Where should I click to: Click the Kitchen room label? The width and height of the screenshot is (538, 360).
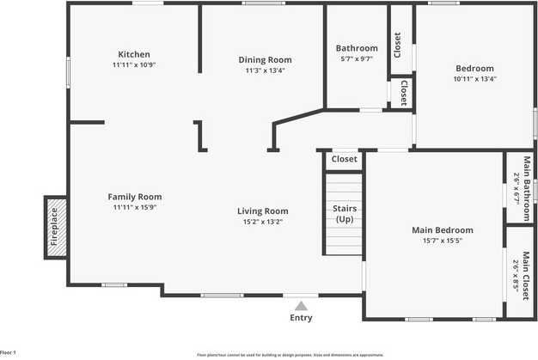[133, 54]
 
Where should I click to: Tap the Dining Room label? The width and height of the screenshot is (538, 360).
[265, 60]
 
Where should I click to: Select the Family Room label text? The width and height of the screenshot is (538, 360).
[134, 197]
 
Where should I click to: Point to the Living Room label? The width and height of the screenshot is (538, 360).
[263, 211]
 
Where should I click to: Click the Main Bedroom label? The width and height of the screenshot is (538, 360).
[443, 230]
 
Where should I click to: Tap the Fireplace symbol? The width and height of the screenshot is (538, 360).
[55, 227]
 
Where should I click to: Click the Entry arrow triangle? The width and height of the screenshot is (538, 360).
[301, 305]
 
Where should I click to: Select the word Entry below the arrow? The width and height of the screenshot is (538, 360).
[301, 319]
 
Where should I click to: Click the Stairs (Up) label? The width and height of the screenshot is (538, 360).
[345, 214]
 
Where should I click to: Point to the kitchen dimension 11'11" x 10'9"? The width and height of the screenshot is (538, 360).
[133, 65]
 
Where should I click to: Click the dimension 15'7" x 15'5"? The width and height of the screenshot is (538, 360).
[443, 241]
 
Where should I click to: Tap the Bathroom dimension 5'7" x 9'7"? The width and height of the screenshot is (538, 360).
[357, 59]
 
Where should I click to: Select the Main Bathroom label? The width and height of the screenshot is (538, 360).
[519, 187]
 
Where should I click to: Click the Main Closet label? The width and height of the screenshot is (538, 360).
[519, 271]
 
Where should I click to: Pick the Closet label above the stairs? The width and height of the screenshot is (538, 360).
[345, 159]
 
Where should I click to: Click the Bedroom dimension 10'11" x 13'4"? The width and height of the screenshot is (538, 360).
[474, 79]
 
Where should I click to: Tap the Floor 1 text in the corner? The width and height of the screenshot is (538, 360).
[9, 353]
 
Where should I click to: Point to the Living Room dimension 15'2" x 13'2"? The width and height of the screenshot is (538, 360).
[263, 222]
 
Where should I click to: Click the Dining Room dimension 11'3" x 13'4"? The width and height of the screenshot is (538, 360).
[265, 70]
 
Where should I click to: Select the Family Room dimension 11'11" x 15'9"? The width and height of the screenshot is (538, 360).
[134, 207]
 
